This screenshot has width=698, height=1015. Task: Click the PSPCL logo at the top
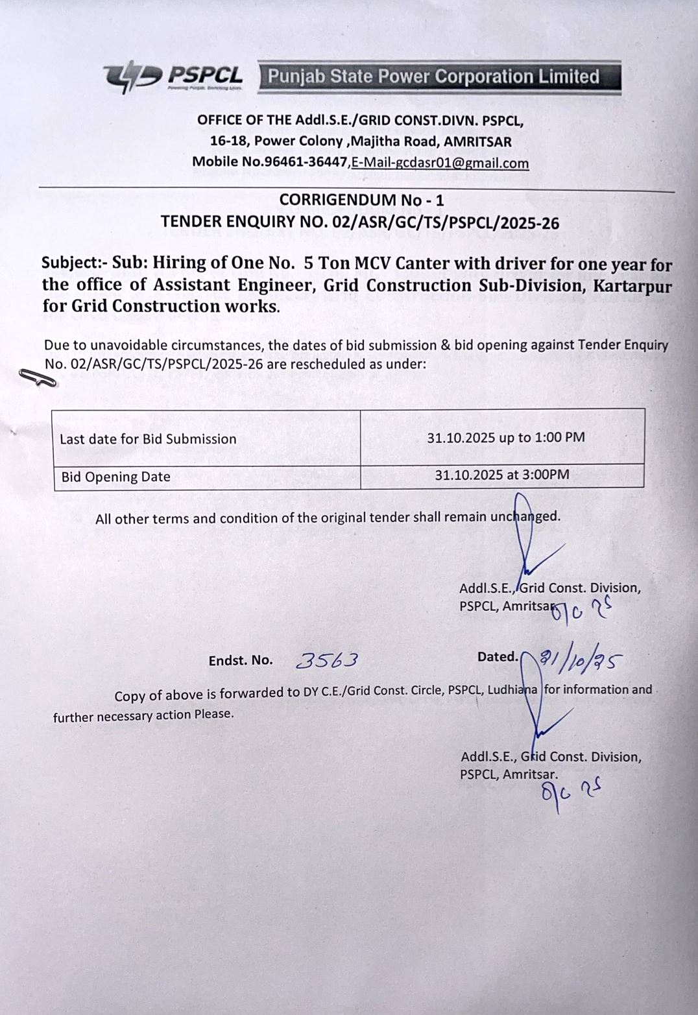coord(173,77)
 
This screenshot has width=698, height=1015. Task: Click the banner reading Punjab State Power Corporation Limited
coord(439,77)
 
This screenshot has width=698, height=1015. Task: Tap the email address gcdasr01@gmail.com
coord(440,163)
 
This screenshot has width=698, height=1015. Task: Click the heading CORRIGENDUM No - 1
coord(361,200)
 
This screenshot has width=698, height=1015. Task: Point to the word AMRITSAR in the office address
coord(477,141)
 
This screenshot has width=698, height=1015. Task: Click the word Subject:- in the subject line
coord(74,263)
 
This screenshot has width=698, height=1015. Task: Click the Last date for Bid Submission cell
coord(148,439)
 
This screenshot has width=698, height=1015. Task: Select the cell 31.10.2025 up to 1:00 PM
coord(505,438)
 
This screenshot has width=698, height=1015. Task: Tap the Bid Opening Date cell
coord(115,477)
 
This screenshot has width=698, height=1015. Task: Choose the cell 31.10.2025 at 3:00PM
coord(501,475)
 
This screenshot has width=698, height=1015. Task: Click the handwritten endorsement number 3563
coord(327,660)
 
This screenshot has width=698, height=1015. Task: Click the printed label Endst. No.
coord(241,660)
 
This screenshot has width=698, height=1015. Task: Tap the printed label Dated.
coord(498,657)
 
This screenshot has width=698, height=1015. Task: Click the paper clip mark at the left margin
coord(38,378)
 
